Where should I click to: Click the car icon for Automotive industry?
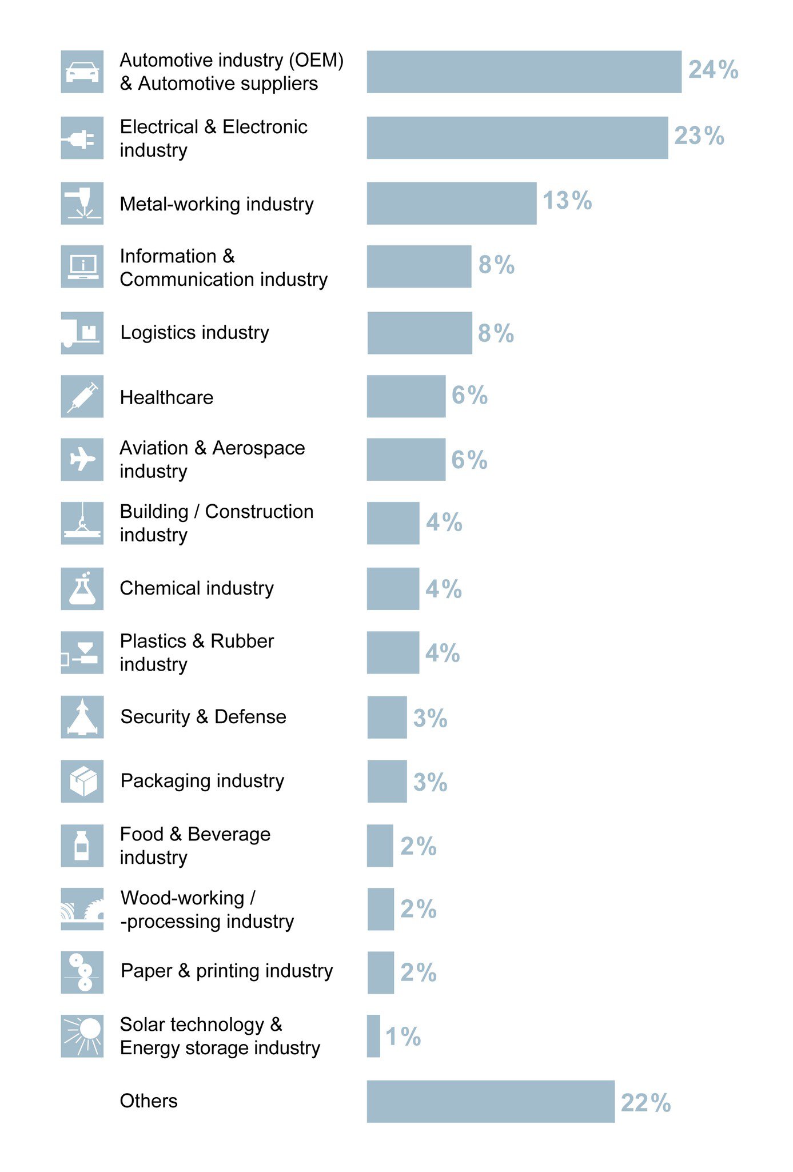pyautogui.click(x=82, y=72)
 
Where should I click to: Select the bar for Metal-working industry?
pyautogui.click(x=451, y=204)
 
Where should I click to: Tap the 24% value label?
pyautogui.click(x=713, y=70)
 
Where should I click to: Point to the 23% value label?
pyautogui.click(x=699, y=136)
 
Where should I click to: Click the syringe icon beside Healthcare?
pyautogui.click(x=82, y=396)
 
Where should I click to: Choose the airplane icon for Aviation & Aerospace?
pyautogui.click(x=82, y=459)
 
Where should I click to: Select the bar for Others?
pyautogui.click(x=491, y=1101)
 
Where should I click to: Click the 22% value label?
pyautogui.click(x=645, y=1103)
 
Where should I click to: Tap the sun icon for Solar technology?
pyautogui.click(x=82, y=1035)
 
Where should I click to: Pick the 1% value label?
pyautogui.click(x=403, y=1037)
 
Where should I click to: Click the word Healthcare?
pyautogui.click(x=166, y=397)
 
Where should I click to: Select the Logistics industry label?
pyautogui.click(x=194, y=332)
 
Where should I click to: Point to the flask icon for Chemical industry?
pyautogui.click(x=82, y=588)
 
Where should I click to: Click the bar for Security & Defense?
pyautogui.click(x=387, y=717)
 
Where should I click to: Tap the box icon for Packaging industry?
pyautogui.click(x=82, y=781)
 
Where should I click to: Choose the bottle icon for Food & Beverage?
pyautogui.click(x=82, y=846)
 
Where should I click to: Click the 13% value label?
pyautogui.click(x=567, y=201)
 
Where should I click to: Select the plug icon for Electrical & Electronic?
pyautogui.click(x=82, y=138)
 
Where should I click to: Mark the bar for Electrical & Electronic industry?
pyautogui.click(x=517, y=138)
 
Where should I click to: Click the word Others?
pyautogui.click(x=149, y=1101)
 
